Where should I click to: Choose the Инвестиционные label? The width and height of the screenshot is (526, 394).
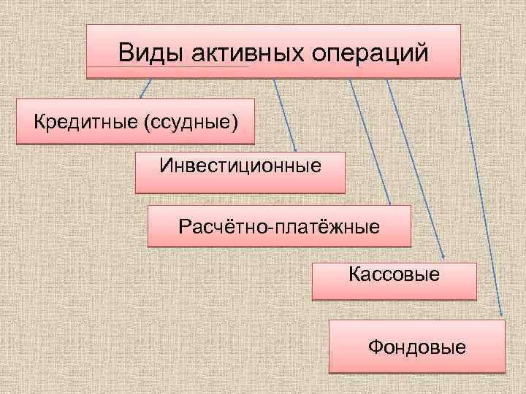pyautogui.click(x=240, y=166)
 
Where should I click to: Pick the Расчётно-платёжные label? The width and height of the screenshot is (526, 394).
pyautogui.click(x=278, y=227)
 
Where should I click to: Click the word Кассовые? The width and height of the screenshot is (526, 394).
pyautogui.click(x=394, y=275)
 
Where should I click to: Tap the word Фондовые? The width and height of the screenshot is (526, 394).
pyautogui.click(x=416, y=346)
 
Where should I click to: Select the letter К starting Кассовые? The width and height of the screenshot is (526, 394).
pyautogui.click(x=354, y=275)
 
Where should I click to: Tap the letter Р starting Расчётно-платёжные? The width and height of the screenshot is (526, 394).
pyautogui.click(x=183, y=227)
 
